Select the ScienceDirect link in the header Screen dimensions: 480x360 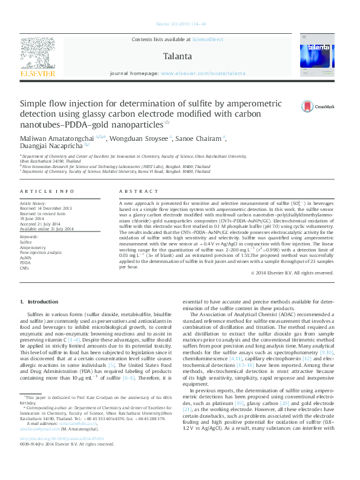208,39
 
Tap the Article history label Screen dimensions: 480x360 33,203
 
